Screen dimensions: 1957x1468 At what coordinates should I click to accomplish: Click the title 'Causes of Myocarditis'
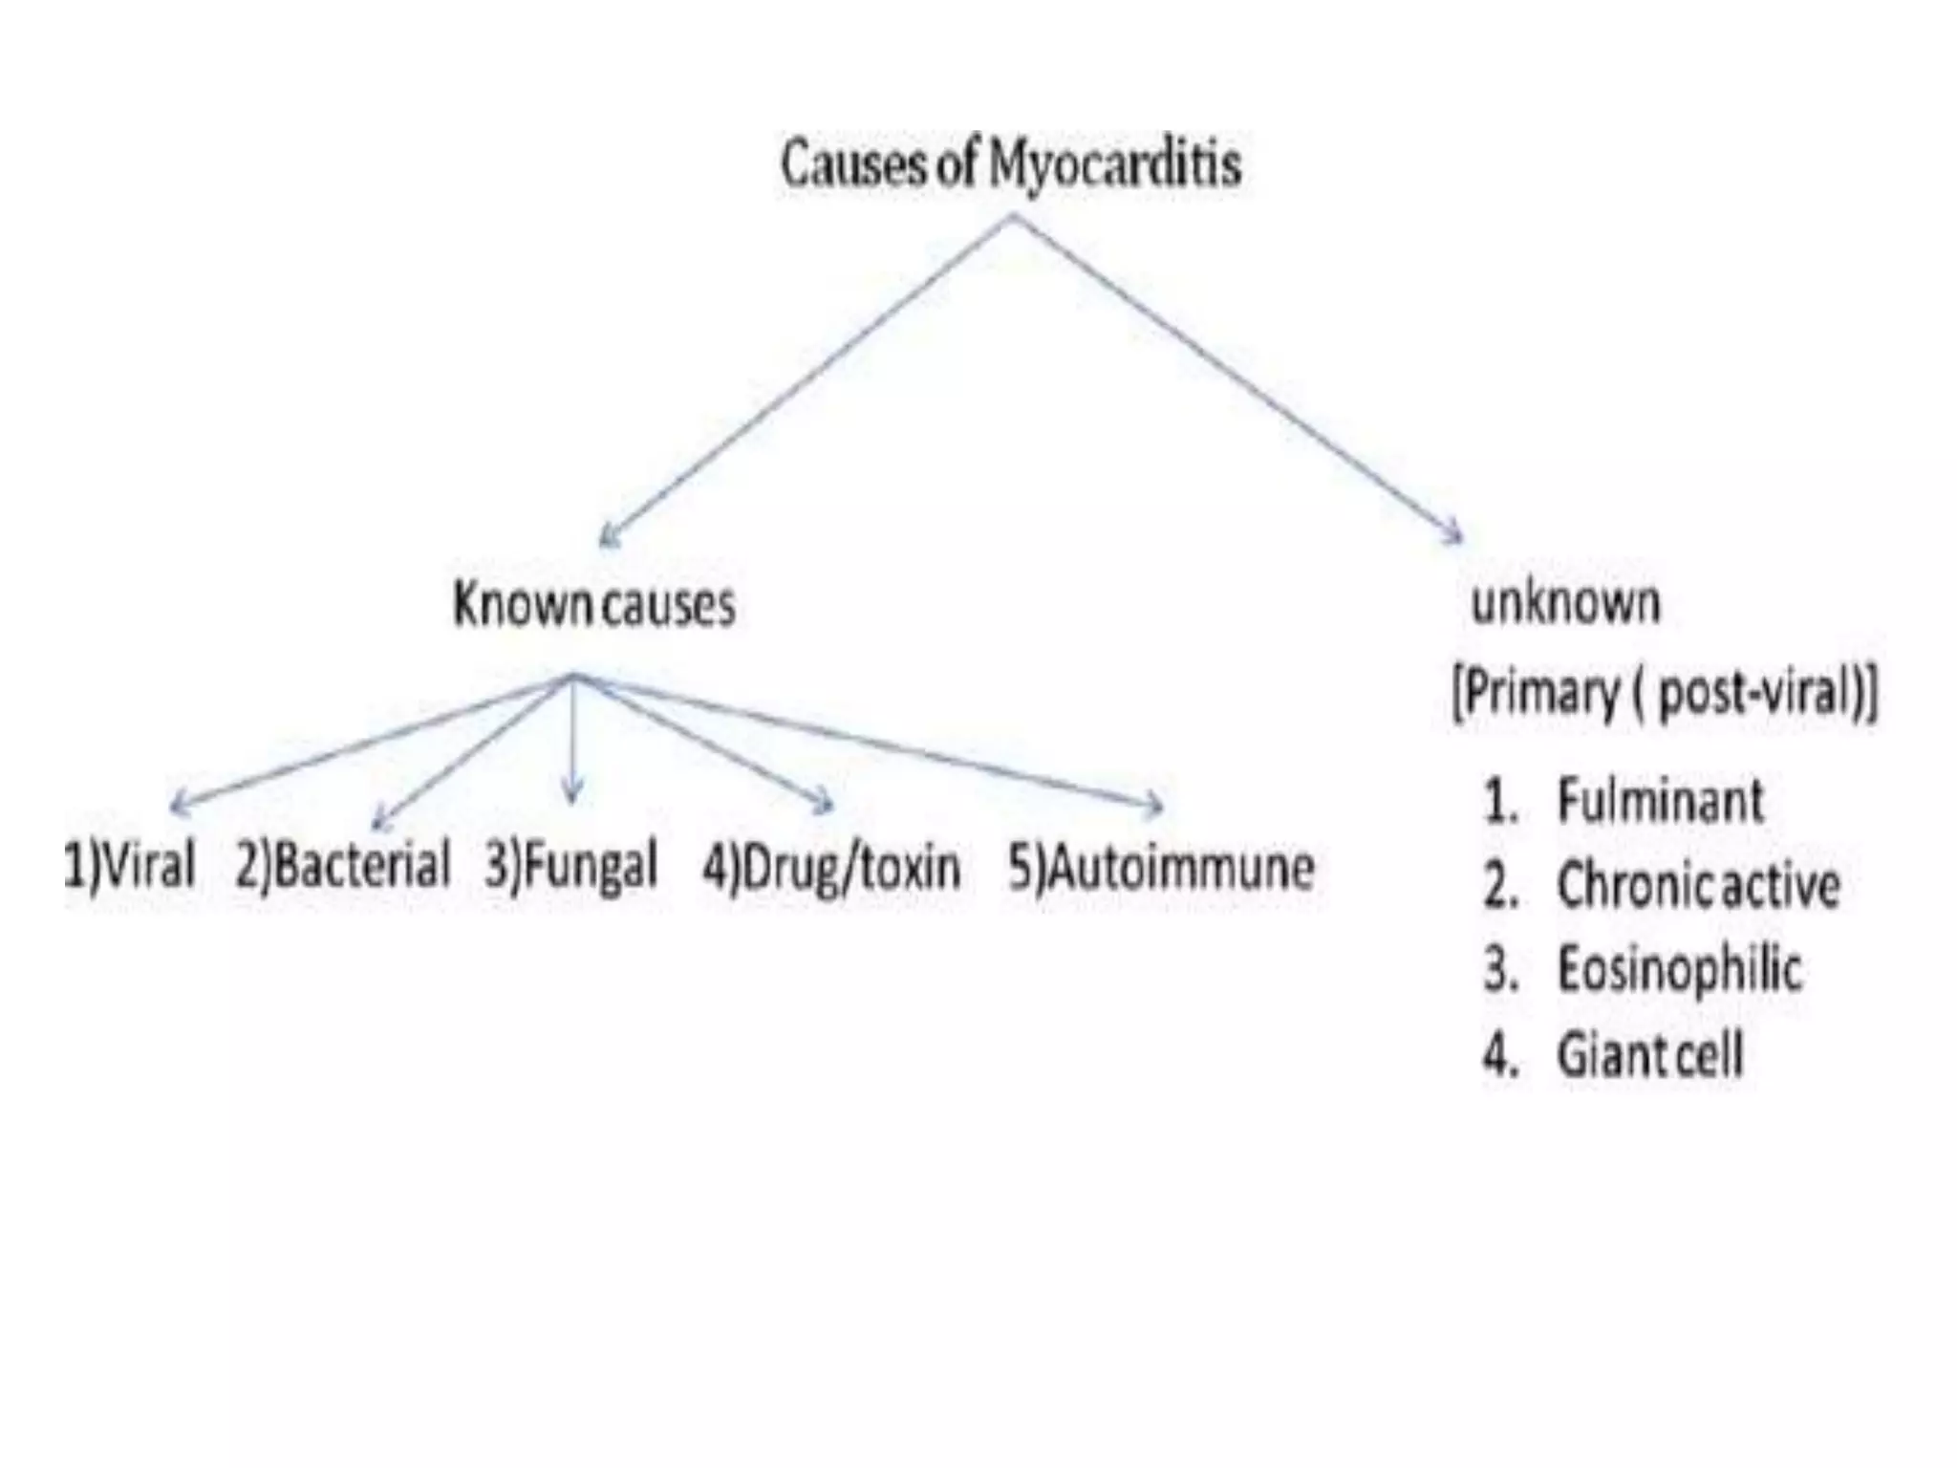tap(1010, 164)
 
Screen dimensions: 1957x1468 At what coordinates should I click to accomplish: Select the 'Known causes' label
tap(593, 605)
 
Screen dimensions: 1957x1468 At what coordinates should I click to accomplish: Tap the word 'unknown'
tap(1565, 603)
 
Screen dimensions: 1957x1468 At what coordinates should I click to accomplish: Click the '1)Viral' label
tap(129, 866)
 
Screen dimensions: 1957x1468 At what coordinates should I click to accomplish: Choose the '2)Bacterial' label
tap(342, 866)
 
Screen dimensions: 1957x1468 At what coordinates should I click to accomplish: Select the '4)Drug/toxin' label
tap(831, 868)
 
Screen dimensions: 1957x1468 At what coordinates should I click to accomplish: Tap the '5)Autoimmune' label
tap(1161, 868)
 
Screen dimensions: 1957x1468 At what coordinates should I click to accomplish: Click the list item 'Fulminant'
tap(1660, 800)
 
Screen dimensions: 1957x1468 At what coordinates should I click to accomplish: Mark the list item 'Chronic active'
tap(1698, 885)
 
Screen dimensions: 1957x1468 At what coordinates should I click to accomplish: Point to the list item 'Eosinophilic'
tap(1679, 969)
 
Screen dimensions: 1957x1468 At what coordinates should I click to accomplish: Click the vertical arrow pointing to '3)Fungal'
tap(572, 741)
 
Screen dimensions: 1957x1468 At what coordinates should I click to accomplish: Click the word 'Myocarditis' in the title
tap(1114, 164)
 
